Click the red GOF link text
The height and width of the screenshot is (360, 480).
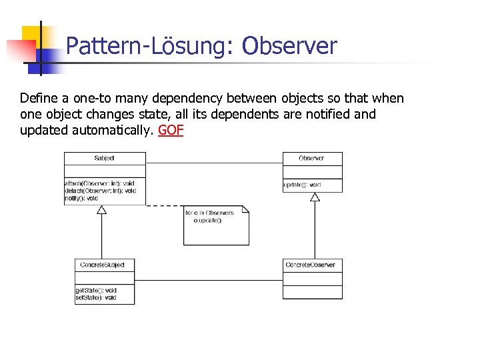(170, 131)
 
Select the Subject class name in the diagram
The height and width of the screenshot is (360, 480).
(105, 159)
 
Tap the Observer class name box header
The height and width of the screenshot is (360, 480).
(312, 159)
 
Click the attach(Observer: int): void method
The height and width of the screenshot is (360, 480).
(100, 183)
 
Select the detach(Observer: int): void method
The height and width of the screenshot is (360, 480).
(101, 191)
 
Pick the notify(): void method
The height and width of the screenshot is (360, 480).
(82, 198)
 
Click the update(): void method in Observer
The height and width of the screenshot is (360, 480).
(303, 185)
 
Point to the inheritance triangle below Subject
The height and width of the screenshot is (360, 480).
(102, 210)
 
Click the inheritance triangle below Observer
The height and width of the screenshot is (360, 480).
(315, 197)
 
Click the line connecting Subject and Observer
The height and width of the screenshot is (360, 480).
(213, 163)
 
